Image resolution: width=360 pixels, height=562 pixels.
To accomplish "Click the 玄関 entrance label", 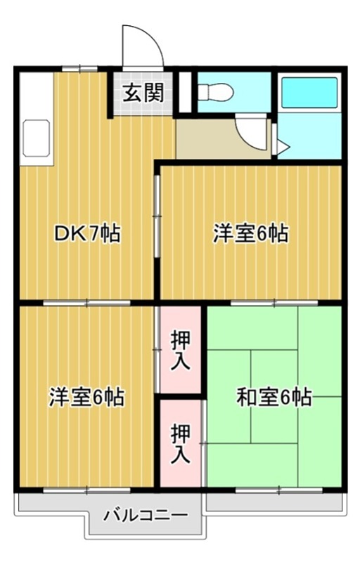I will point(144,93).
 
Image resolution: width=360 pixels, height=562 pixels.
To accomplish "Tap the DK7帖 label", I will point(87,233).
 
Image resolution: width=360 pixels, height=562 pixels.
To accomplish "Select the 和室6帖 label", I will point(274,398).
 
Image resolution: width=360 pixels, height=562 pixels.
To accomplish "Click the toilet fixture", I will point(213,91).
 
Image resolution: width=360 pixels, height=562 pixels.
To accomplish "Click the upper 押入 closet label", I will point(180,349).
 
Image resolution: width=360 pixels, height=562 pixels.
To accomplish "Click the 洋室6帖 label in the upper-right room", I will point(250,233).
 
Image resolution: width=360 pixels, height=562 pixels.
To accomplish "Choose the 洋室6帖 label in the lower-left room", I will point(86,398).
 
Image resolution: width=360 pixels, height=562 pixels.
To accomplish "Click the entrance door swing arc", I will point(143,46).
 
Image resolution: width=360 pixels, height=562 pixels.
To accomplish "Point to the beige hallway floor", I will point(207,140).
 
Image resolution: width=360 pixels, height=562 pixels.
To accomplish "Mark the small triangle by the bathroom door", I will point(281,148).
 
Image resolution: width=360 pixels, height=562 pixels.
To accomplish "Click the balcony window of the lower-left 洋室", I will point(86,488).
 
